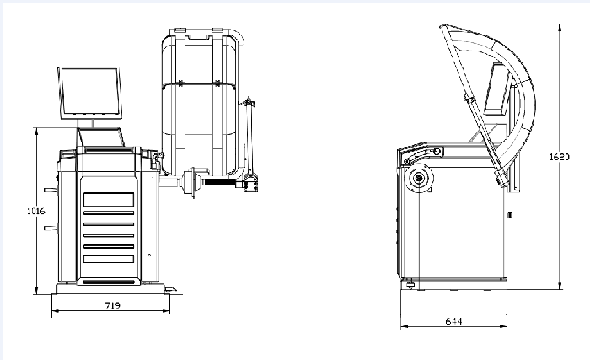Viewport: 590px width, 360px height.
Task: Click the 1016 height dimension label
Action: pos(35,212)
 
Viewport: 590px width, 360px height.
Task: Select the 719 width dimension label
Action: pos(112,305)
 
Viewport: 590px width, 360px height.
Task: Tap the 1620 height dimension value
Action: pos(560,157)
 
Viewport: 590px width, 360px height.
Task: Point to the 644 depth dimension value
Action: pos(453,321)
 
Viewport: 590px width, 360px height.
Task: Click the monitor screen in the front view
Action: pos(90,93)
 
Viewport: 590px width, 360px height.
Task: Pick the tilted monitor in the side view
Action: pos(497,89)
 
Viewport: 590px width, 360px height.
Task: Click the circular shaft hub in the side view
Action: pos(419,177)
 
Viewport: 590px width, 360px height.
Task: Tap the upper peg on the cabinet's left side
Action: pos(51,191)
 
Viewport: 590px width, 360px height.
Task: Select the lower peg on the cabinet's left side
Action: pos(51,228)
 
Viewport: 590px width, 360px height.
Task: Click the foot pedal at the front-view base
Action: pos(170,289)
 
